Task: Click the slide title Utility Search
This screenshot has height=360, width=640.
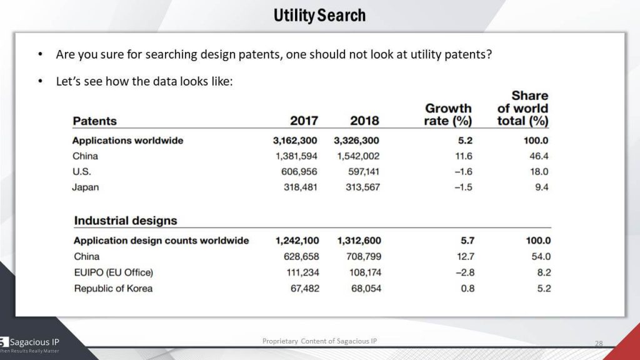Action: [319, 15]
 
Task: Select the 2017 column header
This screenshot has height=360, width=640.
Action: [304, 121]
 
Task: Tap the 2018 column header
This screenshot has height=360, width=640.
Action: [364, 121]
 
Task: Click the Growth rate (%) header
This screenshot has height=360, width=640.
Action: [448, 114]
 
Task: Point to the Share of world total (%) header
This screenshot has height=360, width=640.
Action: [522, 107]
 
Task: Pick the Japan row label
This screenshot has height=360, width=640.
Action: [86, 187]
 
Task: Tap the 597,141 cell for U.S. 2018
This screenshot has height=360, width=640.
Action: [364, 172]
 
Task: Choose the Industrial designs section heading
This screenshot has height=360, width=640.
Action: [126, 221]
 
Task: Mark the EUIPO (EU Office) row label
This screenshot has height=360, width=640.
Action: [113, 272]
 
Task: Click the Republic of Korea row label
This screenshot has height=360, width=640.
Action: [113, 288]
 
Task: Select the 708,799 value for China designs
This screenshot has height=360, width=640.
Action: [365, 256]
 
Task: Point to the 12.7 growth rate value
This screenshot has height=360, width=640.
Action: [466, 256]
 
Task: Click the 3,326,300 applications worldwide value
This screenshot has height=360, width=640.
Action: [357, 141]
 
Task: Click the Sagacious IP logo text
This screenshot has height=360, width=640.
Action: [34, 342]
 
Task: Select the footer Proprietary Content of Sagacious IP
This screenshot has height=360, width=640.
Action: [319, 341]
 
